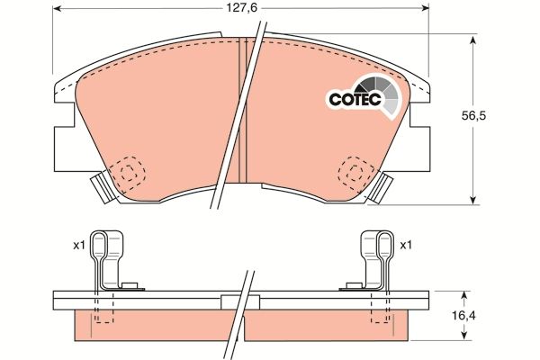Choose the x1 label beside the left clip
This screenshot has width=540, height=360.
(79, 244)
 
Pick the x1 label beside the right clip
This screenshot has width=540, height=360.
(405, 244)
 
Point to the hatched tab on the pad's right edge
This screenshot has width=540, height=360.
(382, 188)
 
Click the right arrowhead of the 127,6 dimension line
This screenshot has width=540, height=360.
(425, 9)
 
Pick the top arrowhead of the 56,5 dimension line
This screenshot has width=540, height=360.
(473, 39)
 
